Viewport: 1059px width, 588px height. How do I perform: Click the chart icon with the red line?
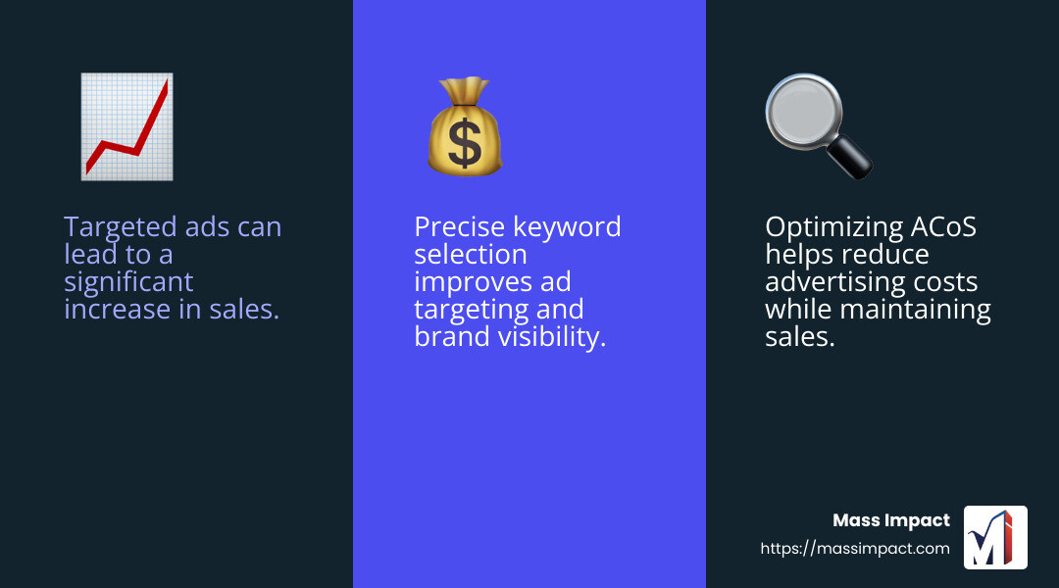[x=126, y=126]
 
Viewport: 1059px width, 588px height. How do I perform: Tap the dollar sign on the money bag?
[x=464, y=143]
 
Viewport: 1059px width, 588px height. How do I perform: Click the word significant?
[x=128, y=282]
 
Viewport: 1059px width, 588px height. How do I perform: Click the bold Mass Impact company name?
[x=890, y=520]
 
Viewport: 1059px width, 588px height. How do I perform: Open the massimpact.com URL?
[x=855, y=549]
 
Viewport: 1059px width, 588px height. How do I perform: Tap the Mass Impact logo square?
[x=995, y=537]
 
